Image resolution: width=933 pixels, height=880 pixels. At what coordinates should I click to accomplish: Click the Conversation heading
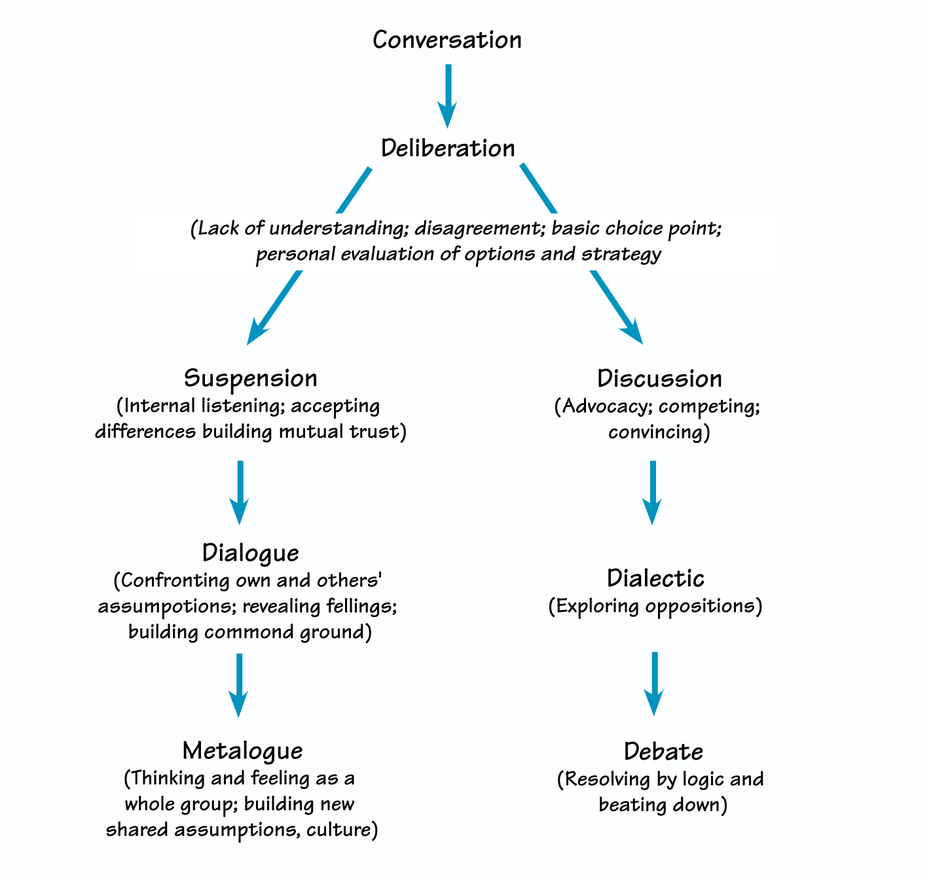pyautogui.click(x=447, y=41)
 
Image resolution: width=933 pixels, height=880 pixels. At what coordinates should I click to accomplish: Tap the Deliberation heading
pyautogui.click(x=448, y=149)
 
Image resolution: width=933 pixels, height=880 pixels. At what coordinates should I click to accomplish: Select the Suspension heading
pyautogui.click(x=251, y=379)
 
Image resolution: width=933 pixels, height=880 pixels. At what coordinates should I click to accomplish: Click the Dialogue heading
pyautogui.click(x=251, y=554)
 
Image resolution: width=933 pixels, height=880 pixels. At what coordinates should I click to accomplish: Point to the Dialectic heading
pyautogui.click(x=655, y=579)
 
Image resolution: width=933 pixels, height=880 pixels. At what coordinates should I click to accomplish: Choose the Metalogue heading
pyautogui.click(x=243, y=751)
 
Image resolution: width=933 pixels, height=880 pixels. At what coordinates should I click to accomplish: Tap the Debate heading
pyautogui.click(x=663, y=752)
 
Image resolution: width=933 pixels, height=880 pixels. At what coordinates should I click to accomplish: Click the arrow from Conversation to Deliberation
pyautogui.click(x=448, y=95)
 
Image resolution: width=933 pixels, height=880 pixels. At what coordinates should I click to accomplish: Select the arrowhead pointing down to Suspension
pyautogui.click(x=257, y=330)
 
